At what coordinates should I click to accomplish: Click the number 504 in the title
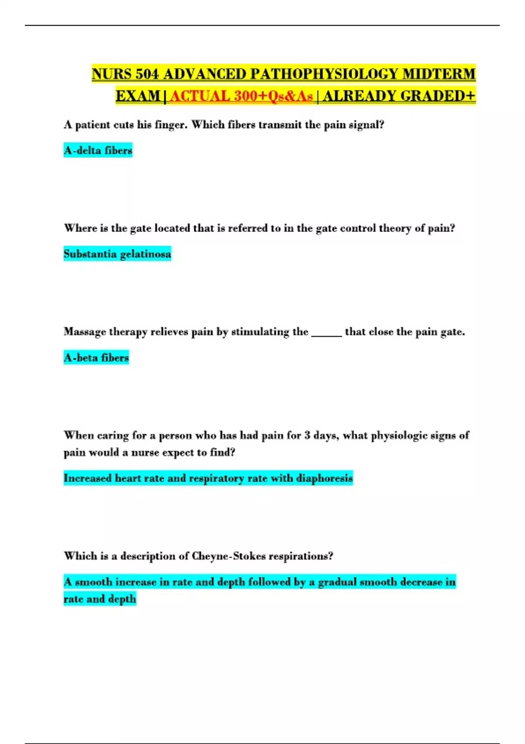tap(147, 74)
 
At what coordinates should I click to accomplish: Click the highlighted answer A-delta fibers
tap(98, 151)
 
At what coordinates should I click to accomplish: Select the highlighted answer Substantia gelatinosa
tap(117, 254)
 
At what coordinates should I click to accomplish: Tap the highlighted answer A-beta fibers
tap(96, 358)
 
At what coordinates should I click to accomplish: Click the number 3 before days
tap(307, 435)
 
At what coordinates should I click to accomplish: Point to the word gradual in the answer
tap(337, 582)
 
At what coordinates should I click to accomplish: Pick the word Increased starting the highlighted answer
tap(87, 478)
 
